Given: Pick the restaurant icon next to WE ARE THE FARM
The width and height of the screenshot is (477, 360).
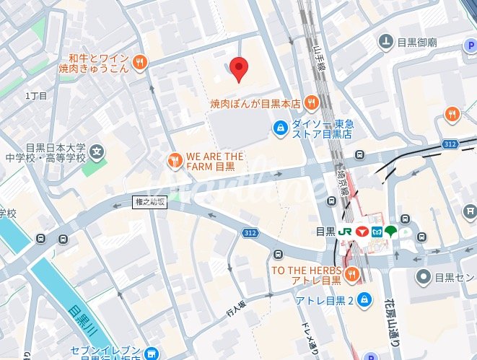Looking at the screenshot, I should [x=174, y=160].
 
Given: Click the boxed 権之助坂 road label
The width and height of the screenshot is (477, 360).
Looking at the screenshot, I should [x=150, y=202].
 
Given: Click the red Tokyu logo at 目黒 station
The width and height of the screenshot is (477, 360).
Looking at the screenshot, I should [x=362, y=232].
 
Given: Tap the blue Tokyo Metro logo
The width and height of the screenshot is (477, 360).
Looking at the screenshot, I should [x=376, y=232].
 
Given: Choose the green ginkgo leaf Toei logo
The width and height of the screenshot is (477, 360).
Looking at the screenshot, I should [x=390, y=232].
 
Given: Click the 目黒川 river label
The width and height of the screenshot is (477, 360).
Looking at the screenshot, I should [x=84, y=320].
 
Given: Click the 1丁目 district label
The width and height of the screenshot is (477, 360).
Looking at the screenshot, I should [x=35, y=96].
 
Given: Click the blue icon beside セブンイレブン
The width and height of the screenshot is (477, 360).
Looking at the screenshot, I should [x=150, y=352].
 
